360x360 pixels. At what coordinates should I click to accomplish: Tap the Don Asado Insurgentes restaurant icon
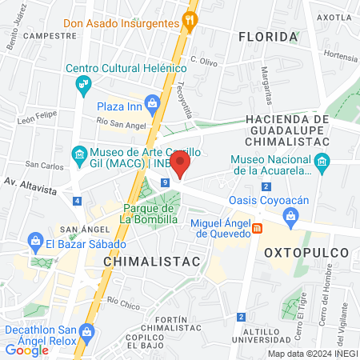tap(190, 22)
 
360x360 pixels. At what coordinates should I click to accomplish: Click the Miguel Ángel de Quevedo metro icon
tap(257, 230)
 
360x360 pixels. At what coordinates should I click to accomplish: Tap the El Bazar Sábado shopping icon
tap(35, 239)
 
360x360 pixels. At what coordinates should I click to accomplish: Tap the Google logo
tap(27, 350)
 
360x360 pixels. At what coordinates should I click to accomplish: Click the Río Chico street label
tap(124, 303)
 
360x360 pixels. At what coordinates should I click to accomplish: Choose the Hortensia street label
tap(341, 58)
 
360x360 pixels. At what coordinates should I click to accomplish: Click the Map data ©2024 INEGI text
tap(312, 354)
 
